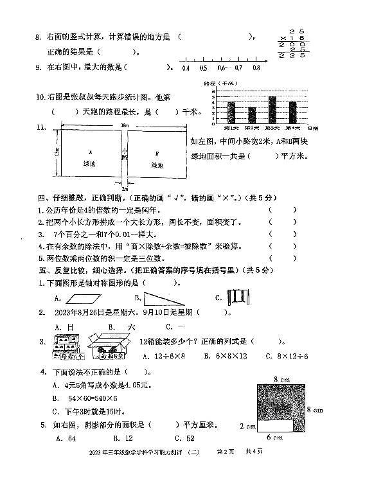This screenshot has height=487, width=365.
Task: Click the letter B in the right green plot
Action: [x=156, y=153]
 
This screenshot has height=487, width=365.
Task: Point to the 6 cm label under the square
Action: [x=274, y=438]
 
